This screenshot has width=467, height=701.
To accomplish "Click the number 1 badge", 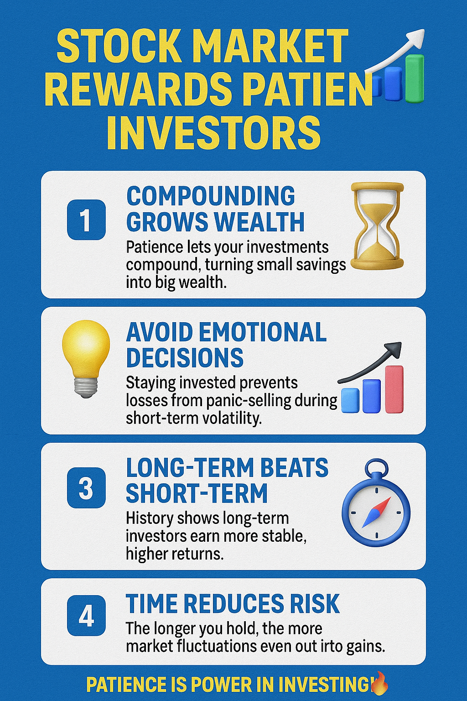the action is (x=86, y=220).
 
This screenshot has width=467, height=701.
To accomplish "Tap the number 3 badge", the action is (x=86, y=488).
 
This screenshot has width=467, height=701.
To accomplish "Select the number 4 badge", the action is (x=86, y=616).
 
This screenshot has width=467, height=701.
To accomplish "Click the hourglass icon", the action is (x=377, y=226).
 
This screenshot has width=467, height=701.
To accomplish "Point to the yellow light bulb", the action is (x=86, y=359).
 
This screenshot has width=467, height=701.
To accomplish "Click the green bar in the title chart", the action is (x=415, y=78).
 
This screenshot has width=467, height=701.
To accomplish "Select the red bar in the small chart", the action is (x=394, y=389).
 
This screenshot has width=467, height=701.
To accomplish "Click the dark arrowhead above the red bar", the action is (x=394, y=350).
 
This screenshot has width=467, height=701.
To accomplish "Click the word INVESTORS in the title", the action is (x=214, y=133).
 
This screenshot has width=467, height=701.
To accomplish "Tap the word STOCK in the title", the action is (x=119, y=46).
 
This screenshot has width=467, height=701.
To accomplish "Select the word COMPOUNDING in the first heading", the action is (x=211, y=196).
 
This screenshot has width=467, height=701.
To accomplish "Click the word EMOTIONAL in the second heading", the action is (x=262, y=332).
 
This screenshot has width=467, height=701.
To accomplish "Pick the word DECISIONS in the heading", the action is (x=185, y=357).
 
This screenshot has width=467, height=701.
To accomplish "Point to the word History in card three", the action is (x=150, y=519).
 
